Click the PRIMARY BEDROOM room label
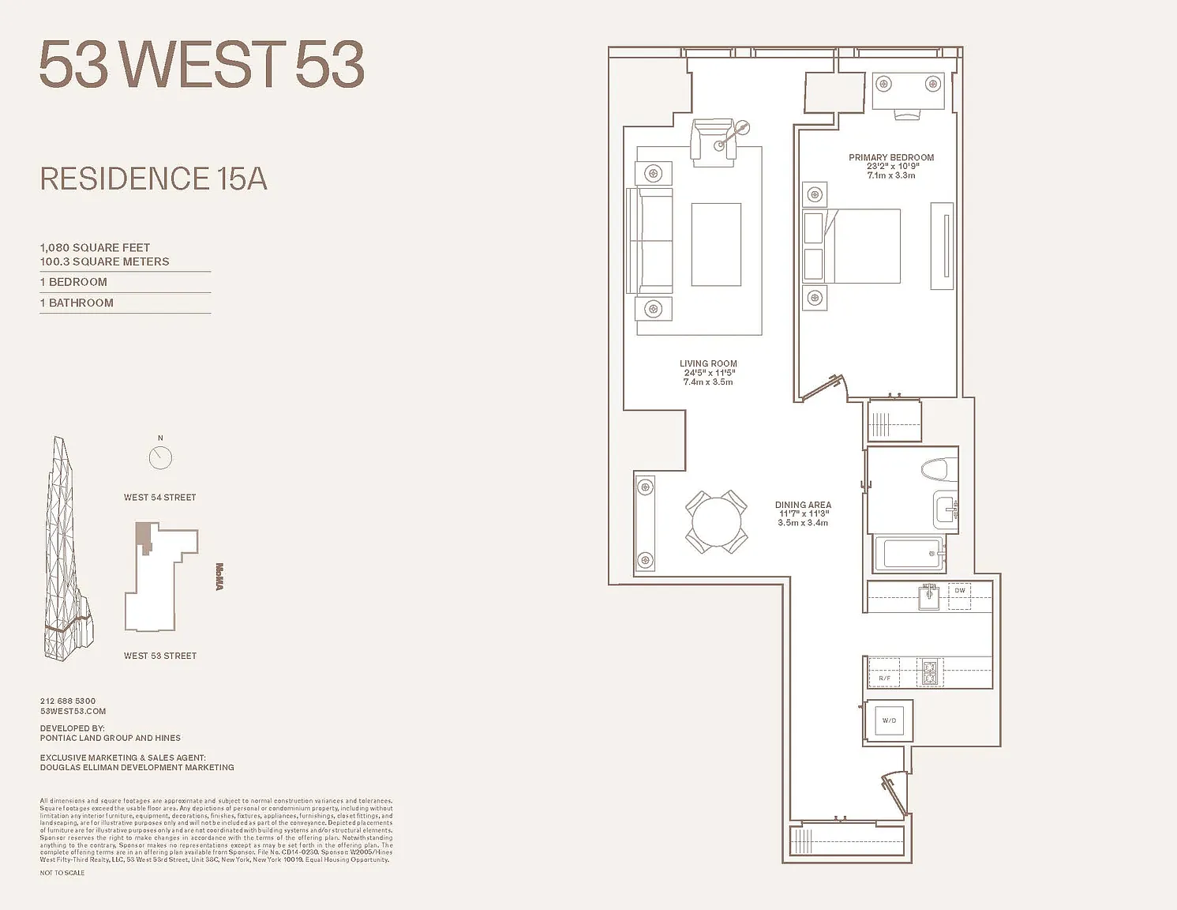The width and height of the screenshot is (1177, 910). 891,158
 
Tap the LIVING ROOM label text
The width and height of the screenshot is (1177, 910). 708,364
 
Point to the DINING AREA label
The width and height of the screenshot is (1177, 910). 803,505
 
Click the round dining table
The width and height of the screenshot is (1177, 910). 716,521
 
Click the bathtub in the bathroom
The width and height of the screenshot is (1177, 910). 911,554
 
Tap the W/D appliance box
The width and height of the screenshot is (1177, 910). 889,720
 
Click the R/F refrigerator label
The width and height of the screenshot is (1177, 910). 884,678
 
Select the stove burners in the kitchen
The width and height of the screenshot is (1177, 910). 930,672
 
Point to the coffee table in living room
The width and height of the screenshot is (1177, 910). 716,244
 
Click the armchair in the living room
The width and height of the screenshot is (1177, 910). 713,141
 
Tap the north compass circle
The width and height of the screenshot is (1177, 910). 160,457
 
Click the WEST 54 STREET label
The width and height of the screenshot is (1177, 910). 159,498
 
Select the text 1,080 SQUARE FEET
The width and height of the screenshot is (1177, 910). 95,248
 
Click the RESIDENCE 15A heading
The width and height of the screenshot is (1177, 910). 154,179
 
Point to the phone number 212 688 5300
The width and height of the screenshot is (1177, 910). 68,701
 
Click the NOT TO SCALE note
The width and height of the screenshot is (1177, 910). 62,873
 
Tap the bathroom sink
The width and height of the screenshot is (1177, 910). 945,509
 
